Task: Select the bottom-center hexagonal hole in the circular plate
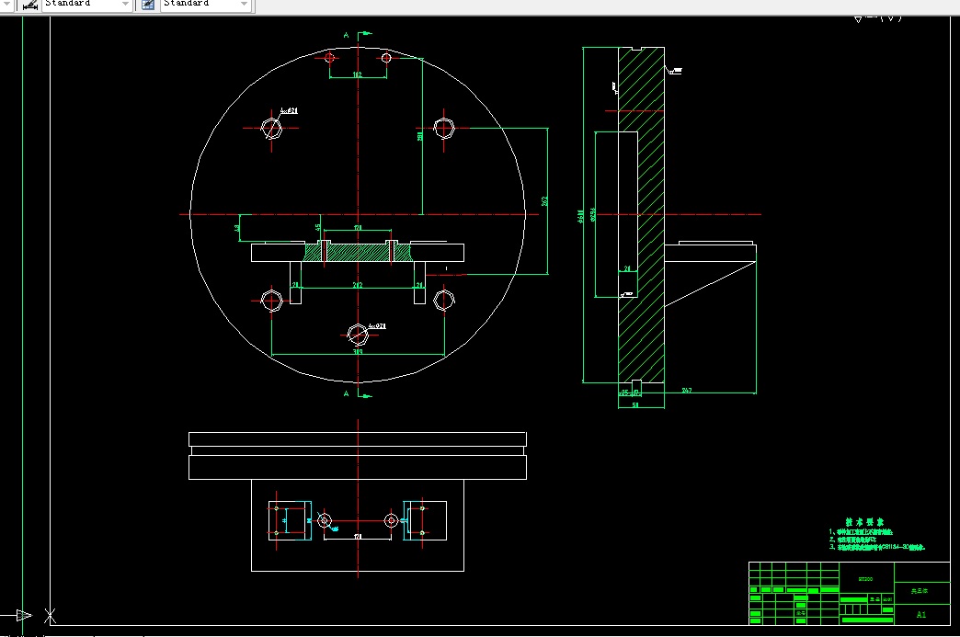[x=358, y=333]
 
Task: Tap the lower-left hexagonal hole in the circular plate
[x=272, y=300]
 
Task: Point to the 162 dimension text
[x=358, y=74]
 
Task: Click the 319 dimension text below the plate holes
[x=358, y=351]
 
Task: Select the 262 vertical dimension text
[x=544, y=200]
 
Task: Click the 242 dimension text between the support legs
[x=358, y=286]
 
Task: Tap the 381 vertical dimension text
[x=419, y=135]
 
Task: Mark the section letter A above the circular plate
[x=346, y=35]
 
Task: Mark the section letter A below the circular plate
[x=346, y=394]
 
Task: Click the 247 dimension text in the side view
[x=687, y=392]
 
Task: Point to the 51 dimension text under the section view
[x=634, y=404]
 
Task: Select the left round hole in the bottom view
[x=324, y=520]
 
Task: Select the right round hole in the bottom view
[x=392, y=520]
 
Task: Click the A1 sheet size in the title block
[x=920, y=613]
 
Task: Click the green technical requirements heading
[x=868, y=521]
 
